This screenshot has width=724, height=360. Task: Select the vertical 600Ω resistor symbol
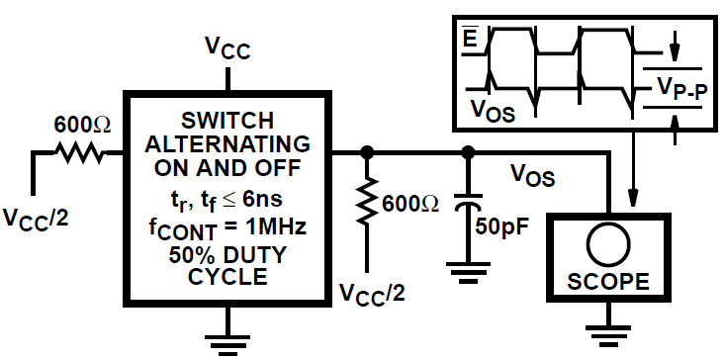(368, 204)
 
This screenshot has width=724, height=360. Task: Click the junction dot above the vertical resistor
(368, 152)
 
